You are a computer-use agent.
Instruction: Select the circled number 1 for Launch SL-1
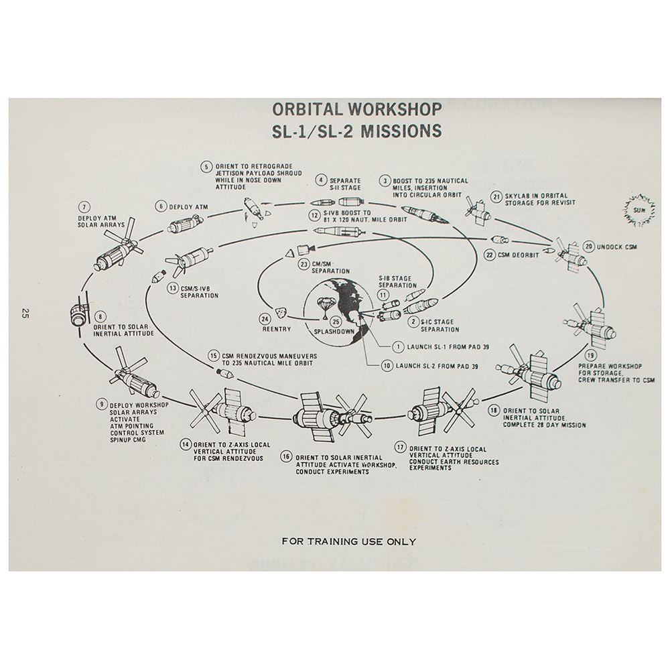(397, 347)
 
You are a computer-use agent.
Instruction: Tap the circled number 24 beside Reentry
(265, 319)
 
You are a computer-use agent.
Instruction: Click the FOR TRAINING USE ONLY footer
(348, 541)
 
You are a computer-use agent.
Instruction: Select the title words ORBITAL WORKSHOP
(357, 109)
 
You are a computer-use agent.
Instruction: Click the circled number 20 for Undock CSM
(589, 245)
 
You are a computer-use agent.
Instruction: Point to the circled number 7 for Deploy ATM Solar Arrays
(84, 206)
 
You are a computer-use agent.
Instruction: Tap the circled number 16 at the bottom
(287, 456)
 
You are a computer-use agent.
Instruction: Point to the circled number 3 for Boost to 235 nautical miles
(385, 180)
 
